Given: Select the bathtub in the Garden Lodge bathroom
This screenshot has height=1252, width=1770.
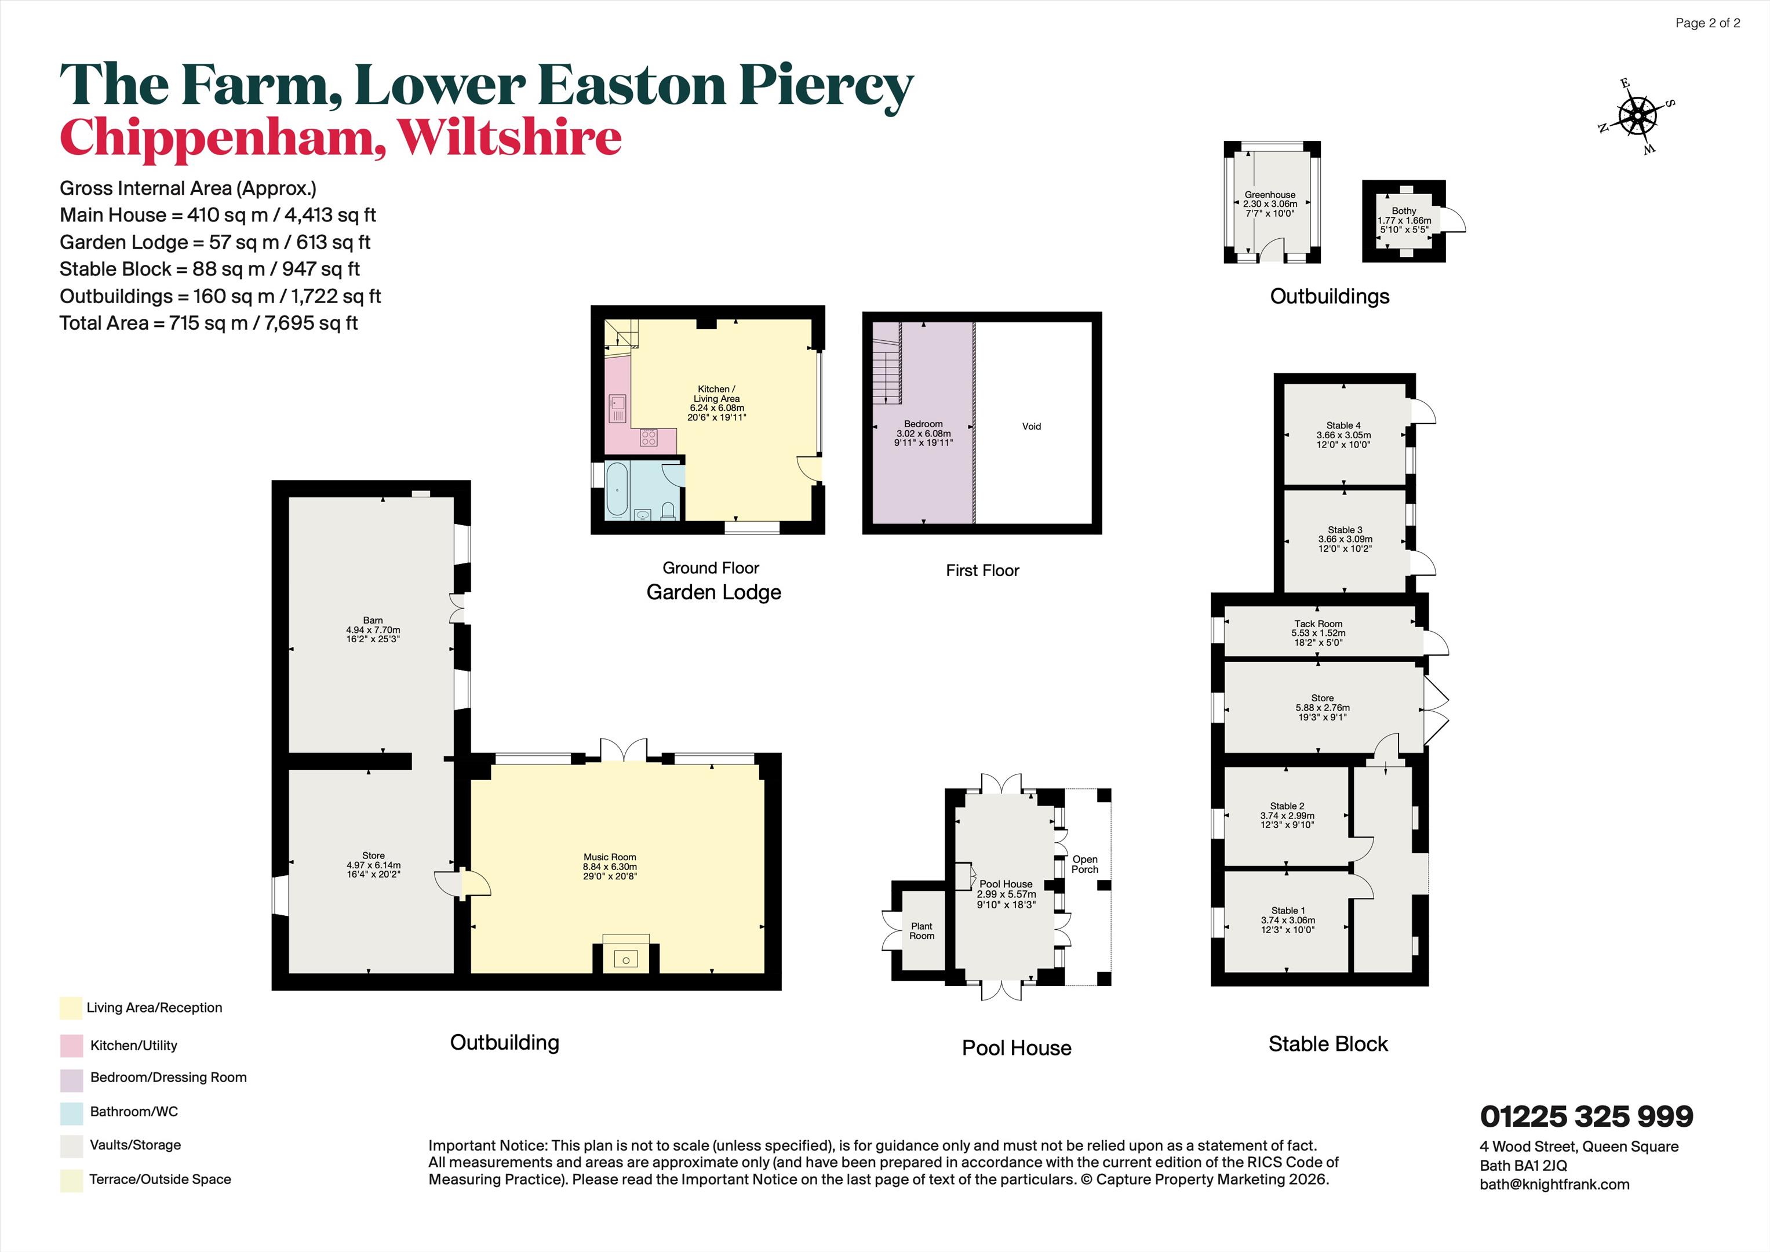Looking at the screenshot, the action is pyautogui.click(x=617, y=490).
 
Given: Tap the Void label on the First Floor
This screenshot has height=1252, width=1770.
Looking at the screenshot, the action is pyautogui.click(x=1032, y=427).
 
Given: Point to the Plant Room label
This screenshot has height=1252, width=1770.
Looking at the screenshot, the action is pyautogui.click(x=922, y=930).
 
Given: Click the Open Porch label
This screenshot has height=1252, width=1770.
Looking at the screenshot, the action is pyautogui.click(x=1085, y=864).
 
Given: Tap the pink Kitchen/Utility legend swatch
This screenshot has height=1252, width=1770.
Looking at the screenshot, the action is pyautogui.click(x=71, y=1046).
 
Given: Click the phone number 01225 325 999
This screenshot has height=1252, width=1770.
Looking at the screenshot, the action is pyautogui.click(x=1586, y=1116).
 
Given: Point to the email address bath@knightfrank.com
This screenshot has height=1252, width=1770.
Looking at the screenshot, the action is pyautogui.click(x=1554, y=1184).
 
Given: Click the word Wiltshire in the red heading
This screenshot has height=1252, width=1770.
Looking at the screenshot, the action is pyautogui.click(x=509, y=137).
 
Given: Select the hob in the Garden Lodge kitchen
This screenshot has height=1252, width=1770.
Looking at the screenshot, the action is pyautogui.click(x=649, y=438).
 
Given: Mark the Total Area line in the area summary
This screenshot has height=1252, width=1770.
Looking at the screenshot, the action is pyautogui.click(x=208, y=323).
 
